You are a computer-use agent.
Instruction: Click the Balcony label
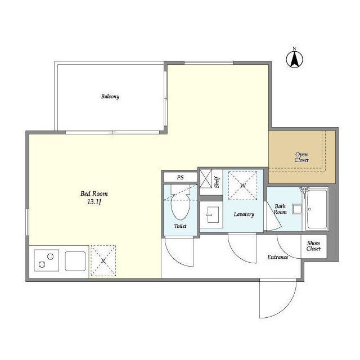pos(110,96)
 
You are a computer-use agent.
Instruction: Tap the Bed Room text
pos(94,193)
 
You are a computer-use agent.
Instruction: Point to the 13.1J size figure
pos(94,202)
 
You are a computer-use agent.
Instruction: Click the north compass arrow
pos(294,59)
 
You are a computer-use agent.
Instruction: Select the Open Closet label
pos(301,157)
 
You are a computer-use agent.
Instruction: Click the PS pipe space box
pos(180,177)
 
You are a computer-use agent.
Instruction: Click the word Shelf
pos(217,182)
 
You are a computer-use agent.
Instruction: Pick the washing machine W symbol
pos(242,185)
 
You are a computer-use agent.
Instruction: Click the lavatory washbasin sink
pos(213,214)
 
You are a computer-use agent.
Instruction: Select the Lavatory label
pos(244,214)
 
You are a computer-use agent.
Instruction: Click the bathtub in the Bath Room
pos(317,209)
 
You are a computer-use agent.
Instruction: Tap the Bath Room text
pos(280,209)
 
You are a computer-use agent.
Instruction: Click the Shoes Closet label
pos(313,246)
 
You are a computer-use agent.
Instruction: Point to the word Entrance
pos(277,257)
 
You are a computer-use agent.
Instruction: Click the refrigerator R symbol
pos(103,260)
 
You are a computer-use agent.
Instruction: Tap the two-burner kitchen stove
pos(46,260)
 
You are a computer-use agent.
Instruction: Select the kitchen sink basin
pos(75,261)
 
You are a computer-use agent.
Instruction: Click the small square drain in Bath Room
pos(297,209)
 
